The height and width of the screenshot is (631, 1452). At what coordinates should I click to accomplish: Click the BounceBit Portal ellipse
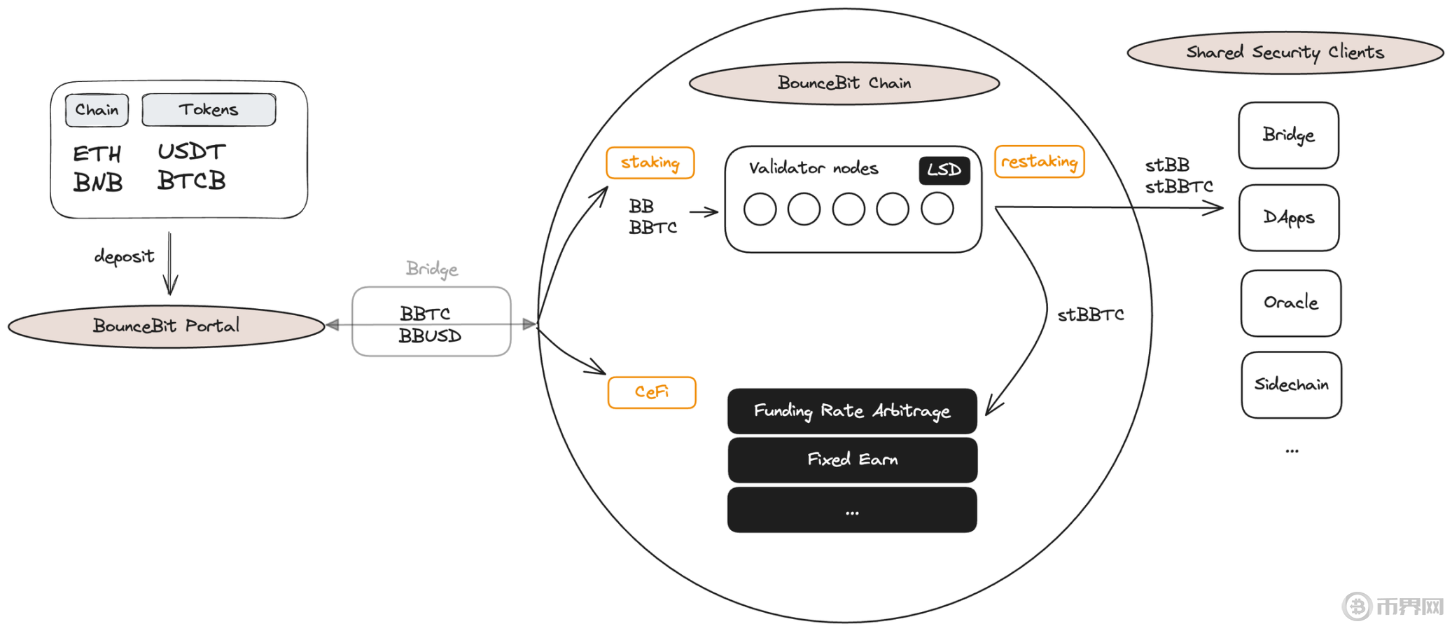tap(166, 326)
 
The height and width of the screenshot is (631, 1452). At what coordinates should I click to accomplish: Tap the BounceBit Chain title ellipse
tap(844, 83)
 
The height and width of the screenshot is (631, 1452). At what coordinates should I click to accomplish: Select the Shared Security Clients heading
tap(1285, 53)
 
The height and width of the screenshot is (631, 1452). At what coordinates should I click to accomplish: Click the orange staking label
tap(650, 162)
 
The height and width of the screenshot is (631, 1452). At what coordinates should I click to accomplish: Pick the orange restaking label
tap(1039, 162)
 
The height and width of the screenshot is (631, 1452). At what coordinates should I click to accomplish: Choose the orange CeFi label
tap(651, 392)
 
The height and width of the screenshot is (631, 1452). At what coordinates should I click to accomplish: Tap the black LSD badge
tap(944, 170)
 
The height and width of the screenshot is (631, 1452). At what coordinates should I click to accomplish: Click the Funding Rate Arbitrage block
tap(851, 411)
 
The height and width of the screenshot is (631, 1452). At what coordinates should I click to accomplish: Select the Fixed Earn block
tap(851, 460)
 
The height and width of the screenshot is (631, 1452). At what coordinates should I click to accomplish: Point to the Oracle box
tap(1290, 303)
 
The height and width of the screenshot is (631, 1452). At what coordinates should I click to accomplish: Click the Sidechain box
tap(1291, 384)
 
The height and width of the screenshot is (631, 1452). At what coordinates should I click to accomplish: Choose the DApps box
tap(1288, 218)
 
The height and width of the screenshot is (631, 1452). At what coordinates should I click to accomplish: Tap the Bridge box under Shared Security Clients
tap(1288, 135)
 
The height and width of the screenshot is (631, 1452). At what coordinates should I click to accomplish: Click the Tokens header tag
tap(209, 110)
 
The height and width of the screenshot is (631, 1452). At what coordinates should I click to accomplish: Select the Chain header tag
tap(97, 110)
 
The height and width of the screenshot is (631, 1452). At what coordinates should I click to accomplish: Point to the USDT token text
tap(191, 151)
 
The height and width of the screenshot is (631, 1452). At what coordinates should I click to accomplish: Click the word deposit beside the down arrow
tap(124, 256)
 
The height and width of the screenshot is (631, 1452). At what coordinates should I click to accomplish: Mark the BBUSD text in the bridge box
tap(430, 336)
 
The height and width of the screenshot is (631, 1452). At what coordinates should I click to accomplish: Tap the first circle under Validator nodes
tap(760, 209)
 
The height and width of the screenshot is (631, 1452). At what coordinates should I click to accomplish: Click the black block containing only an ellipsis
tap(851, 511)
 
